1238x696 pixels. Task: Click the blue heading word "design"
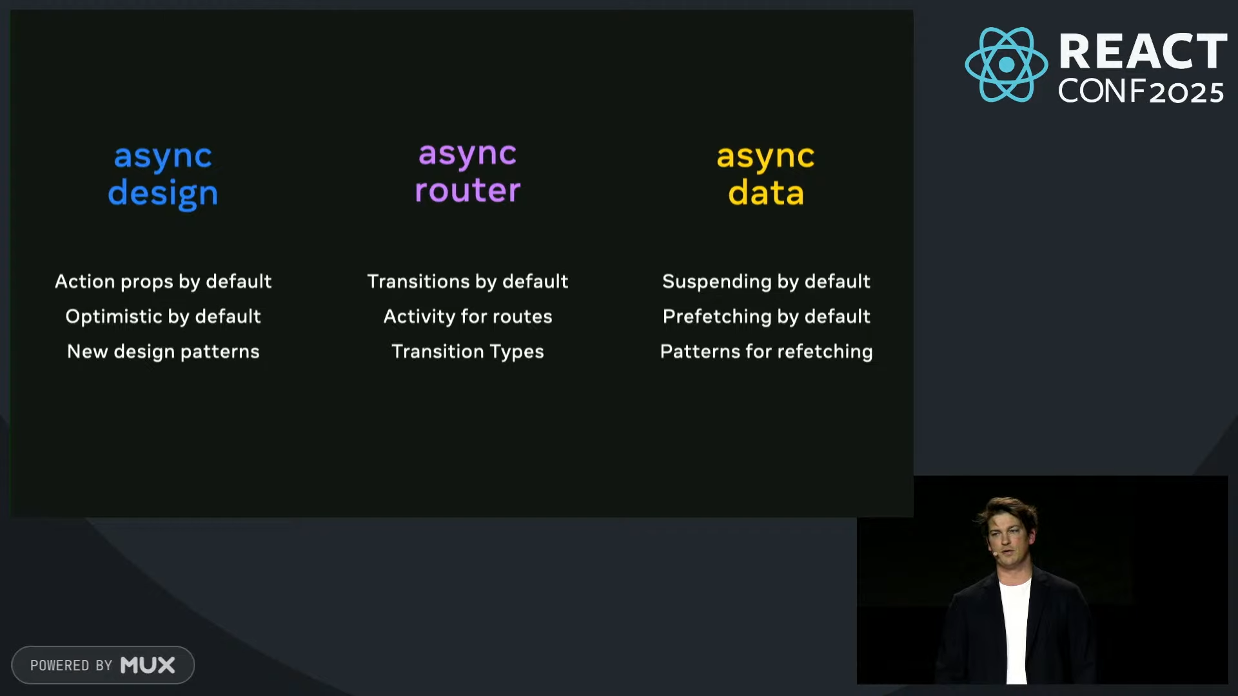pos(163,193)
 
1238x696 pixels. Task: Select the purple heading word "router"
pos(467,190)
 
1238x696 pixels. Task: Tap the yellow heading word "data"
pos(766,192)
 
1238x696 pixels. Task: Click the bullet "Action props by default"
pos(163,282)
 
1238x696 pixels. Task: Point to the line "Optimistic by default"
pos(163,316)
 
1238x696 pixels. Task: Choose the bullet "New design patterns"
pos(163,351)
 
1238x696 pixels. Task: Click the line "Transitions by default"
pos(467,282)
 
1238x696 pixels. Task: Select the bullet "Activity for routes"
pos(467,316)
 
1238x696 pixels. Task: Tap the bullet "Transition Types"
pos(467,351)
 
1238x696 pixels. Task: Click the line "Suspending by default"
pos(766,282)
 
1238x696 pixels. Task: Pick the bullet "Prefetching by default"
pos(766,316)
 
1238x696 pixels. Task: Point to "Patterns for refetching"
pos(766,351)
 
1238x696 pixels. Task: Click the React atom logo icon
pos(1006,64)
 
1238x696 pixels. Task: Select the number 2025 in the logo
pos(1186,92)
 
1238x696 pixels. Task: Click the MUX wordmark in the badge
pos(148,665)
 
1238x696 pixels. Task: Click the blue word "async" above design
pos(163,157)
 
